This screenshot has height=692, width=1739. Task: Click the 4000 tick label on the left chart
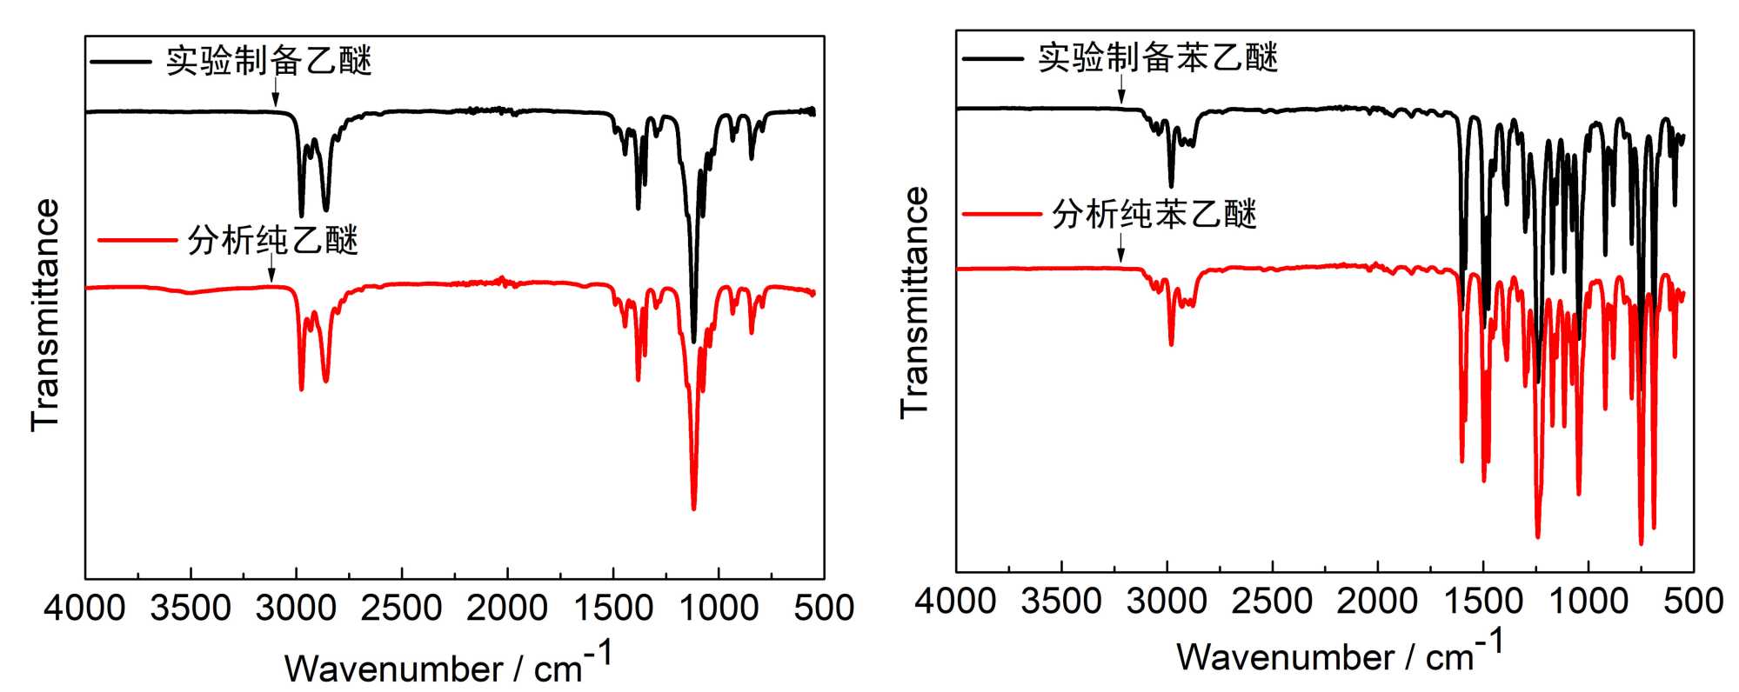coord(84,608)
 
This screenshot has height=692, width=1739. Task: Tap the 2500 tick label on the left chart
coord(402,608)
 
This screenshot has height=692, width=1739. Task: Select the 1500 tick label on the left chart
coord(613,608)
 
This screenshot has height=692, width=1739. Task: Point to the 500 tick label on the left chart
coord(824,608)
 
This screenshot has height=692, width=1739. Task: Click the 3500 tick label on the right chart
coord(1061,602)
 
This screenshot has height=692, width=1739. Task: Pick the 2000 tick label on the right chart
coord(1378,602)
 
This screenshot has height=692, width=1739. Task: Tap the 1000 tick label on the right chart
coord(1589,602)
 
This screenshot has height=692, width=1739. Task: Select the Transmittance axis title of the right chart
coord(915,303)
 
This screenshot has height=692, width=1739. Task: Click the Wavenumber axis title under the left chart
coord(448,665)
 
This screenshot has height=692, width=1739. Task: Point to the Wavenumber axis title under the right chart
coord(1340,654)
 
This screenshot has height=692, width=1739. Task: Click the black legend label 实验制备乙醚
coord(269,61)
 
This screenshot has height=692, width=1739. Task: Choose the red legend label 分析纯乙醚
coord(272,241)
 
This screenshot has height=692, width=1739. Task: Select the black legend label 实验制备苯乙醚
coord(1158,58)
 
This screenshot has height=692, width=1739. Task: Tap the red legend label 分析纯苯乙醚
coord(1154,214)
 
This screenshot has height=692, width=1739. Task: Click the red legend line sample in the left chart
coord(137,241)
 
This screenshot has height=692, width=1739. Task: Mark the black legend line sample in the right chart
coord(993,58)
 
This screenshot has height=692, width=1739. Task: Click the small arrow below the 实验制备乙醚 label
coord(276,91)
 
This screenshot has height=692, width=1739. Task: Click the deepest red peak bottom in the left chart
coord(693,508)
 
